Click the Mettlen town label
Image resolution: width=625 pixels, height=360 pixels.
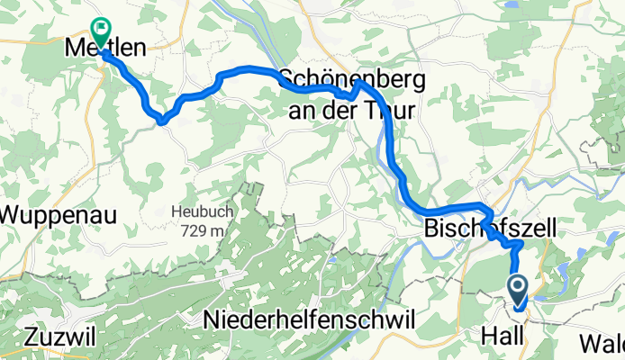(105, 50)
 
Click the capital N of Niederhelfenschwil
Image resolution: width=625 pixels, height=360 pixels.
(213, 319)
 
